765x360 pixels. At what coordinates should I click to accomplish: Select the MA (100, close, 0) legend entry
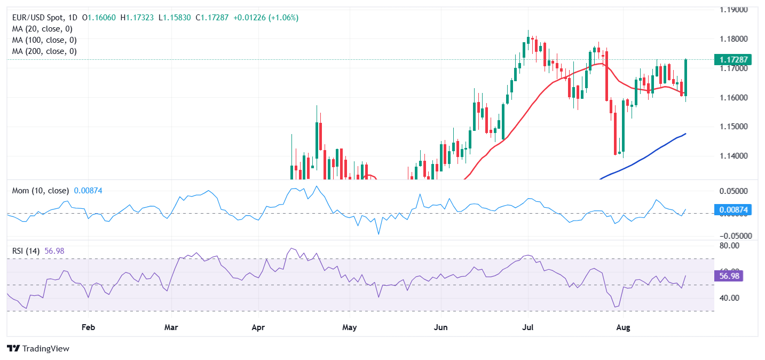click(44, 40)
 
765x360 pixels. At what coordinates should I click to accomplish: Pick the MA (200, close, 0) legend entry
click(44, 51)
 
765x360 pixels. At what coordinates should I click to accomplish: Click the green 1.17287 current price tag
click(734, 60)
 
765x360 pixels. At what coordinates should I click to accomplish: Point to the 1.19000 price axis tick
click(734, 10)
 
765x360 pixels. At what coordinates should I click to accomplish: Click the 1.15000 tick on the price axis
click(734, 127)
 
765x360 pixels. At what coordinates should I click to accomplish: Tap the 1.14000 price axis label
click(734, 156)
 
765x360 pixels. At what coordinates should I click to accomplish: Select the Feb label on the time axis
click(89, 327)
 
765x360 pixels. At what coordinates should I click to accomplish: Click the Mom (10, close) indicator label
click(40, 191)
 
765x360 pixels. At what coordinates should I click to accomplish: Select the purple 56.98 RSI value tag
click(729, 276)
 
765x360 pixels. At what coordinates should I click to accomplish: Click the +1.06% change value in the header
click(285, 18)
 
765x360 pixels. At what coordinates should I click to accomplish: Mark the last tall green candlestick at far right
click(685, 77)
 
